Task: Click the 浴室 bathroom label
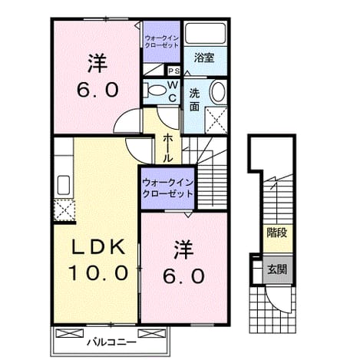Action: pyautogui.click(x=204, y=58)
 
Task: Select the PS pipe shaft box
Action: pyautogui.click(x=174, y=71)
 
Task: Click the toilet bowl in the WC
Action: pyautogui.click(x=154, y=91)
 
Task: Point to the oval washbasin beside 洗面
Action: pyautogui.click(x=218, y=91)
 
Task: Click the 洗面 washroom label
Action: pyautogui.click(x=194, y=100)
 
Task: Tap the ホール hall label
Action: pyautogui.click(x=168, y=148)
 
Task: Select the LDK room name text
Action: pyautogui.click(x=98, y=246)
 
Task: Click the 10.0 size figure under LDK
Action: pyautogui.click(x=98, y=272)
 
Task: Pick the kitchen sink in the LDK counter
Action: pyautogui.click(x=64, y=185)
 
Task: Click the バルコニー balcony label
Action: pyautogui.click(x=111, y=342)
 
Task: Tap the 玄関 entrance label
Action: pyautogui.click(x=277, y=269)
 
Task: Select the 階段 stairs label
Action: pyautogui.click(x=277, y=233)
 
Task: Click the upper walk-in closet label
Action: pyautogui.click(x=161, y=42)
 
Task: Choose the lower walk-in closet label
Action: pyautogui.click(x=167, y=188)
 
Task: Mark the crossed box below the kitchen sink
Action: pyautogui.click(x=64, y=210)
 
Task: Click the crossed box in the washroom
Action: pyautogui.click(x=216, y=120)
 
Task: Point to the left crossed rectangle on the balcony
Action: pyautogui.click(x=70, y=333)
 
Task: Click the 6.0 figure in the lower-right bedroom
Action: pyautogui.click(x=184, y=276)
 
